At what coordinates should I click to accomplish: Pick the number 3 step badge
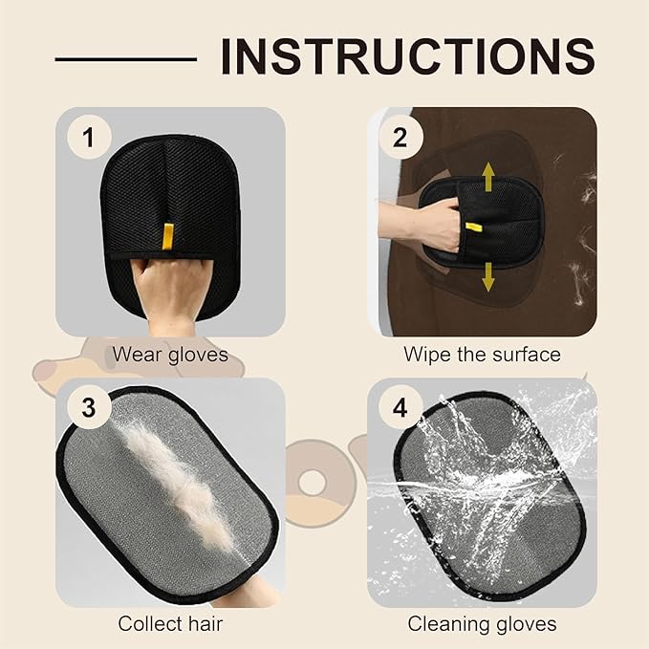(x=89, y=409)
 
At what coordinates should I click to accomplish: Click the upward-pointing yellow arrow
(x=487, y=177)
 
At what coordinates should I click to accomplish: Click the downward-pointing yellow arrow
(x=487, y=276)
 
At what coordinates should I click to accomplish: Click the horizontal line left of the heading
(x=125, y=58)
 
